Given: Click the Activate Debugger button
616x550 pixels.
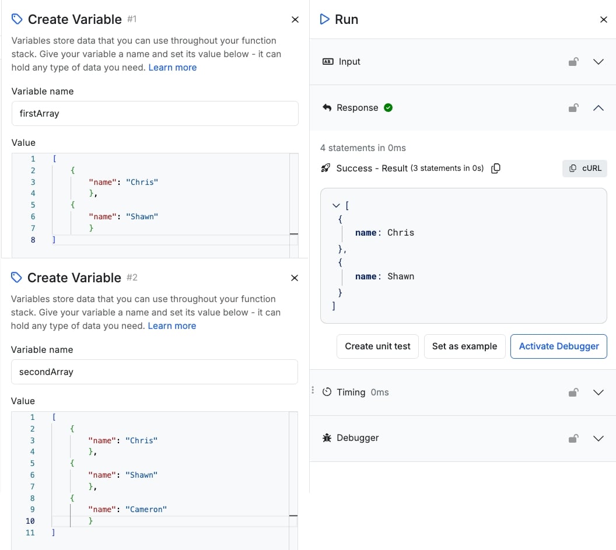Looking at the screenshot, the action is coord(558,346).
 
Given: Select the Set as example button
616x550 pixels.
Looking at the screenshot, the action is coord(464,346).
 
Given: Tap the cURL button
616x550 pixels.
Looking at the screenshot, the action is coord(584,168).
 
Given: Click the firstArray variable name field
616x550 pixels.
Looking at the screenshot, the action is coord(155,114).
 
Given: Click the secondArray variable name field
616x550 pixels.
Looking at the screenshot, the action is coord(155,372).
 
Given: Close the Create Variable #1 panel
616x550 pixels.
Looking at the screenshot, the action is coord(295,20).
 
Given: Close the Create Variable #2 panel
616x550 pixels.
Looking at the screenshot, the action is coord(294,278).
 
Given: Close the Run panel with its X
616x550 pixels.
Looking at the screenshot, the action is coord(603,20).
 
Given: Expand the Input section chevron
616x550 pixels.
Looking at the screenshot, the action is coord(598,62).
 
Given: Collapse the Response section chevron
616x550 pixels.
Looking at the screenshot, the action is coord(598,108).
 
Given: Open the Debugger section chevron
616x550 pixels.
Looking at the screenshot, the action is coord(598,438).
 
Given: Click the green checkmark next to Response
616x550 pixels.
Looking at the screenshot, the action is coord(388,108).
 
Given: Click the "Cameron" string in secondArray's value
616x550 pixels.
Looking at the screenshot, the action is coord(146,509).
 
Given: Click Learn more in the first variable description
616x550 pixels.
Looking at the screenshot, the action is coord(173,68).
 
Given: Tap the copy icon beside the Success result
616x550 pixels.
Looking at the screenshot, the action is coord(496,168).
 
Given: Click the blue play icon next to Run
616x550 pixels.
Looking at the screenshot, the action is coord(324,19).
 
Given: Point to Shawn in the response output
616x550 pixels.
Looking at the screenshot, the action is coord(401,276).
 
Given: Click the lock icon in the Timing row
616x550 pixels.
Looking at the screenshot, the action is coord(573,392).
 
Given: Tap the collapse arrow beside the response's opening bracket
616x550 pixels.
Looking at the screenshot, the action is coord(336,205).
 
